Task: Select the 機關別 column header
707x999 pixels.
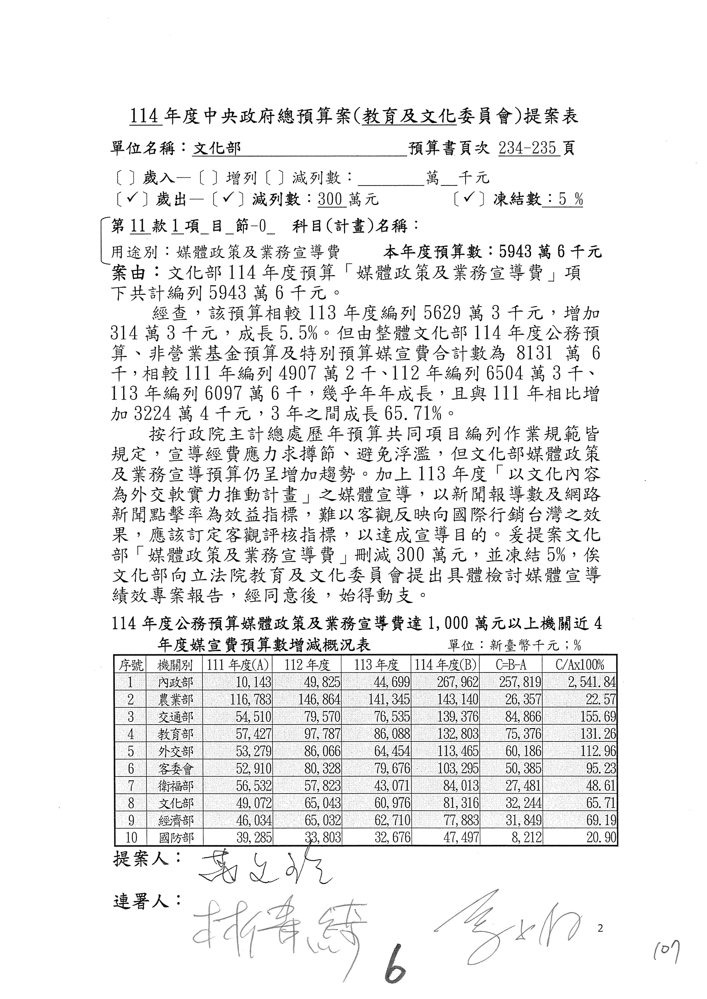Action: coord(175,665)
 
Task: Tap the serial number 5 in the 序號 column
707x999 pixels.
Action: coord(131,751)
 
